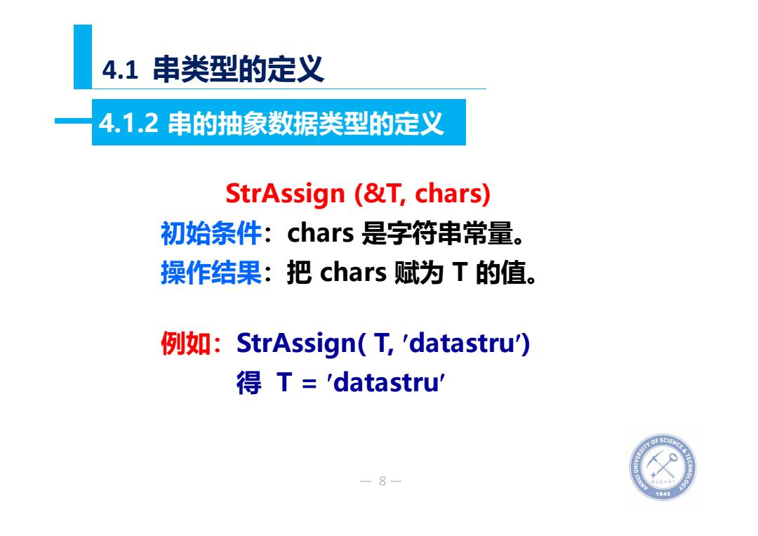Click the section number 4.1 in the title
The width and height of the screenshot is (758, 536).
tap(120, 70)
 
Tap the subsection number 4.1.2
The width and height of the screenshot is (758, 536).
tap(128, 122)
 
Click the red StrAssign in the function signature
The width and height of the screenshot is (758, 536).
tap(285, 193)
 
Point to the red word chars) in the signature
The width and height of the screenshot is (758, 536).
tap(453, 193)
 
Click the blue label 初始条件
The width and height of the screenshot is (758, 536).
tap(211, 233)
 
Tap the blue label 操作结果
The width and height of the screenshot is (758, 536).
tap(211, 273)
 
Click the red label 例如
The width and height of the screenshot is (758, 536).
tap(185, 344)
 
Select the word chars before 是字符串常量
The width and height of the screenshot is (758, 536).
tap(321, 233)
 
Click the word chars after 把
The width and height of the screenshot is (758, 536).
tap(353, 273)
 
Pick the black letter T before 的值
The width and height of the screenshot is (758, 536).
tap(460, 273)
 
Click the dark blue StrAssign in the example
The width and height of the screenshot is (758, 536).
tap(296, 344)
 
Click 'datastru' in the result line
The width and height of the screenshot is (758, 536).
tap(386, 383)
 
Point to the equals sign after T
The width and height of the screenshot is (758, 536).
tap(309, 384)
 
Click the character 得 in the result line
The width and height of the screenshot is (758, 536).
tap(249, 383)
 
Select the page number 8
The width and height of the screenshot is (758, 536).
tap(383, 481)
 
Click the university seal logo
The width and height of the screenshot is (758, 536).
tap(663, 467)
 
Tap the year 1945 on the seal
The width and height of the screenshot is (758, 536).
tap(663, 493)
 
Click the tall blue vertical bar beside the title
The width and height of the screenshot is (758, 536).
tap(83, 57)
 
